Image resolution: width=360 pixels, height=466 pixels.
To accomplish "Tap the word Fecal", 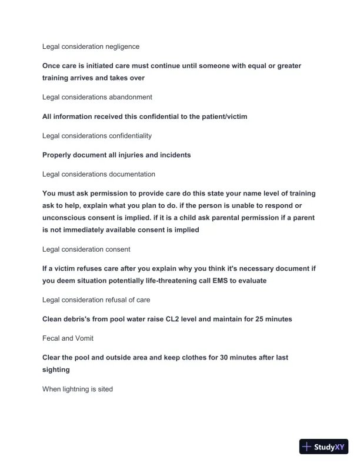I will (x=51, y=338).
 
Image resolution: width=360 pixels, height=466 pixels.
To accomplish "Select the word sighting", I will (x=56, y=370).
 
